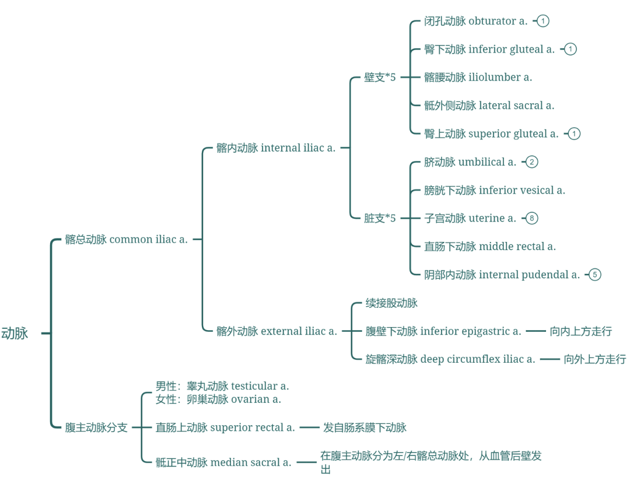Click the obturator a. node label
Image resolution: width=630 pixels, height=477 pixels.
[475, 21]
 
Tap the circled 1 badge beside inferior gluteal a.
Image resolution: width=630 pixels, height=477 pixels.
[570, 49]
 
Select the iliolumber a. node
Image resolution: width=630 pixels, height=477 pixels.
[478, 77]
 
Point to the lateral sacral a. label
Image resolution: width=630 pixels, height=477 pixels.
[489, 106]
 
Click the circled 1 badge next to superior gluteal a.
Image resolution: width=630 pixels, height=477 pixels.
[574, 134]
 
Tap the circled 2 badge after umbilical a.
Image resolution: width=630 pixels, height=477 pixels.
[531, 162]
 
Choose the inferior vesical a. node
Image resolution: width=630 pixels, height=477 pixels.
[495, 190]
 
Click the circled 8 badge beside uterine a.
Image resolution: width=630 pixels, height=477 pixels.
[531, 218]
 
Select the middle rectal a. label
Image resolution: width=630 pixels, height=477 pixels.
[490, 246]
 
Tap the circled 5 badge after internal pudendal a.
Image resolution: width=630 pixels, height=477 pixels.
[594, 274]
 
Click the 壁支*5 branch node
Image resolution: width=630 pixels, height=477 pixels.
[380, 77]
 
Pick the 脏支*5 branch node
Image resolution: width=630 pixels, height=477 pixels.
[380, 218]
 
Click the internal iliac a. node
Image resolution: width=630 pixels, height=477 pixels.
[276, 148]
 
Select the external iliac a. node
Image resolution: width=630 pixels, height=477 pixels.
[276, 331]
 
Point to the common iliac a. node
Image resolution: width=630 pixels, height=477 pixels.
[127, 239]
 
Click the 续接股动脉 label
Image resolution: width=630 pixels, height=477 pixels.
[391, 303]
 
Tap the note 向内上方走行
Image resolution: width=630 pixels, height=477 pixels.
[580, 331]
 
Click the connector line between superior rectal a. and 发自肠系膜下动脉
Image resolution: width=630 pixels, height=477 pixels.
[309, 427]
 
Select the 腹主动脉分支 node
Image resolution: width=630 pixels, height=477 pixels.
[96, 427]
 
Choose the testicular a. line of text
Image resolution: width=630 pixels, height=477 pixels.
[222, 385]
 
